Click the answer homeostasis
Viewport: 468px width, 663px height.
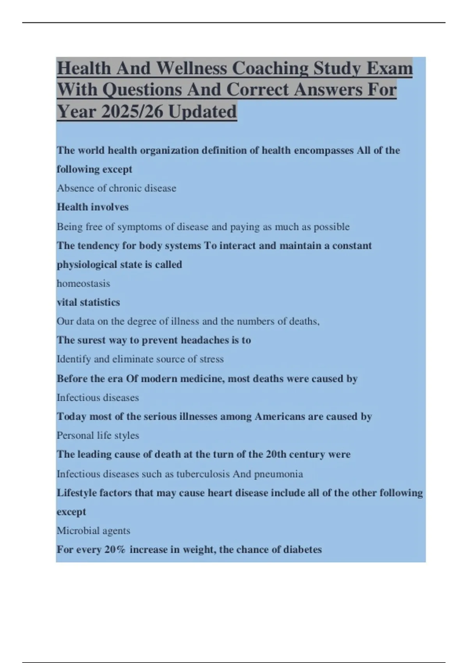[x=83, y=284]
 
